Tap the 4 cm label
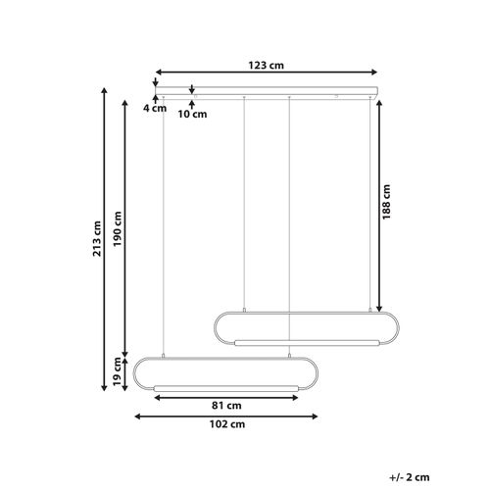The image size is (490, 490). (153, 110)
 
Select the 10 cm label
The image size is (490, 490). (193, 114)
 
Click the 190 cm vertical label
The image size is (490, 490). (118, 229)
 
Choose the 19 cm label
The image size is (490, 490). (118, 376)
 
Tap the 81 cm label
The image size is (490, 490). (226, 405)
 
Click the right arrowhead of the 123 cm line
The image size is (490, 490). (375, 72)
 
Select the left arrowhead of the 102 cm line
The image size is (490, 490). (137, 416)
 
